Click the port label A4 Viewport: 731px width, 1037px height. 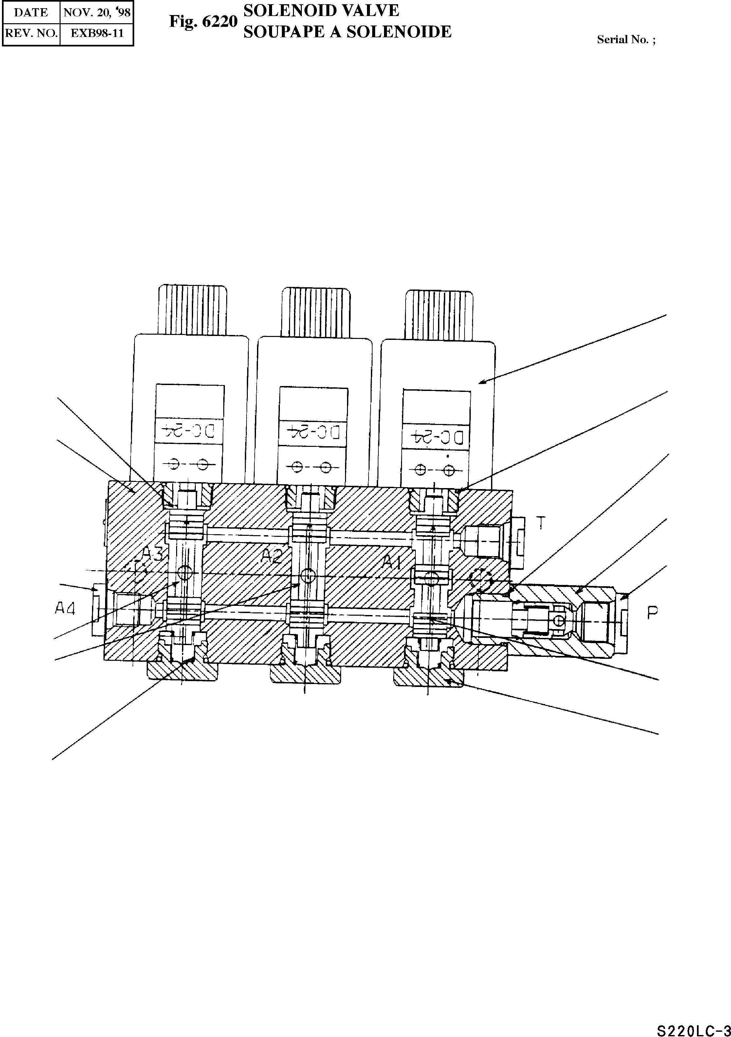[64, 609]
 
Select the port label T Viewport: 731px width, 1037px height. [541, 523]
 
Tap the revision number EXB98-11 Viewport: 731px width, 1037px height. [97, 33]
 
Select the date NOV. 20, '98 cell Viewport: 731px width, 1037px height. [97, 12]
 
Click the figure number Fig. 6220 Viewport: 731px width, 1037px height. [203, 21]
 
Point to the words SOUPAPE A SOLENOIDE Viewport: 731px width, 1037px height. [347, 32]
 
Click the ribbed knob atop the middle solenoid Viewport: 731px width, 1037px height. [316, 312]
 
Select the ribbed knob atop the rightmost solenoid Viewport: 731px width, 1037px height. [439, 314]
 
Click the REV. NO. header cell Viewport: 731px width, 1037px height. [31, 33]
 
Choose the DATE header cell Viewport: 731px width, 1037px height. [31, 12]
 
